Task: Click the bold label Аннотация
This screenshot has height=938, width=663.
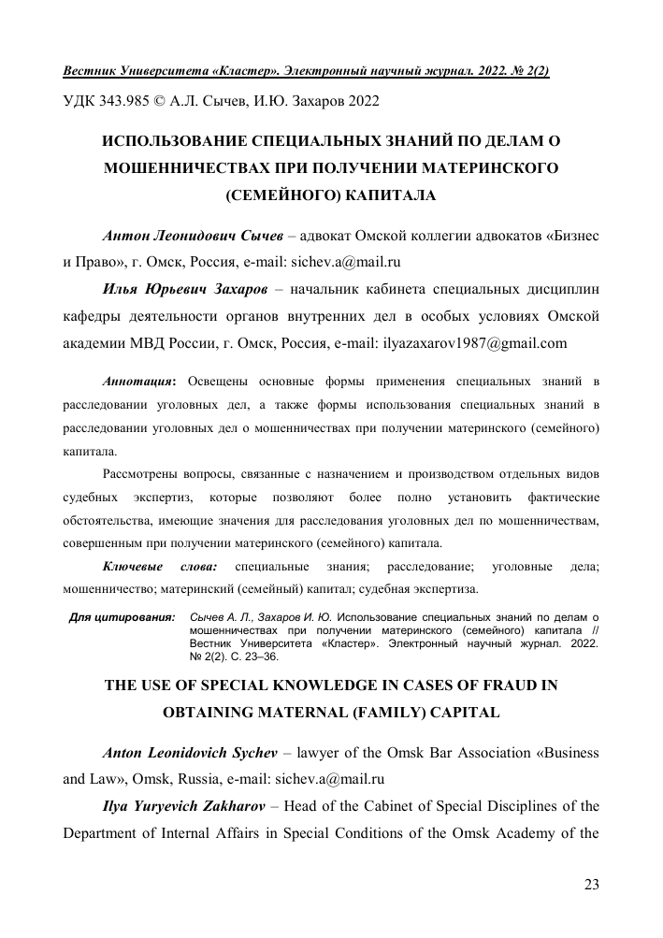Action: click(136, 383)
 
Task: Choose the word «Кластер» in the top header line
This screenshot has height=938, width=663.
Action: click(211, 71)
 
